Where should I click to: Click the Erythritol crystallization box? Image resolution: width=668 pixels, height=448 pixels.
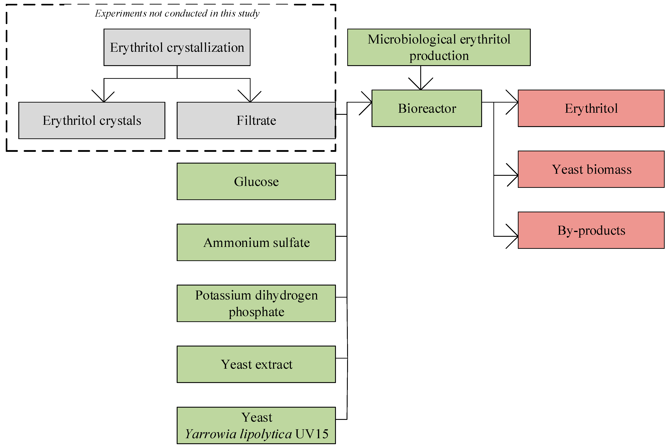pyautogui.click(x=177, y=47)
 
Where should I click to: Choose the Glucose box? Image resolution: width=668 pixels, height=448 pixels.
pyautogui.click(x=256, y=181)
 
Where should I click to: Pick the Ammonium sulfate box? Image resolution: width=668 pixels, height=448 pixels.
pyautogui.click(x=256, y=242)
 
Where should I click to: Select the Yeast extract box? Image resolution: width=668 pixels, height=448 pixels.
pyautogui.click(x=256, y=364)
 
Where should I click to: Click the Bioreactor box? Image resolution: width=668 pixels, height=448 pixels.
pyautogui.click(x=427, y=108)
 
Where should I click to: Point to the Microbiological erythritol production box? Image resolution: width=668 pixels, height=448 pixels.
pyautogui.click(x=439, y=47)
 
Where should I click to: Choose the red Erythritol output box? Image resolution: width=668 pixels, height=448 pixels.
pyautogui.click(x=591, y=108)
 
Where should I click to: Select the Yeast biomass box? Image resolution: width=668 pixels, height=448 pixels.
pyautogui.click(x=591, y=169)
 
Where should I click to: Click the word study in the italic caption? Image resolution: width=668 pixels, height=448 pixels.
pyautogui.click(x=249, y=13)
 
